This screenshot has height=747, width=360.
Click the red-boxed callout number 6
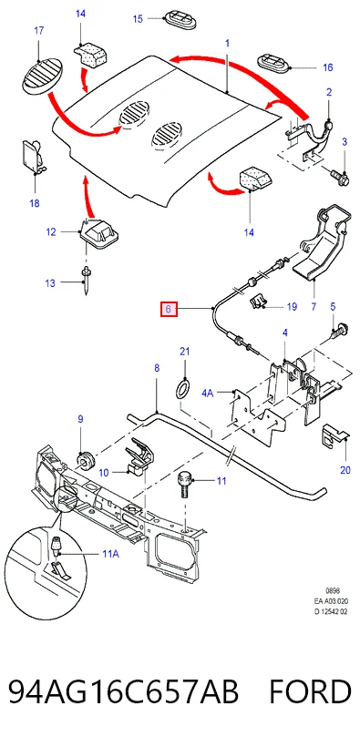(x=169, y=310)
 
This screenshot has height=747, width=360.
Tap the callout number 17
(x=38, y=30)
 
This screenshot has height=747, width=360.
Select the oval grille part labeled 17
(x=43, y=76)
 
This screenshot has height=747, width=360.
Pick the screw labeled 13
(x=87, y=281)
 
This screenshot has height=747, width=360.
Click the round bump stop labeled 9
(x=85, y=461)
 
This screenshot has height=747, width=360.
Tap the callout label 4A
(x=208, y=393)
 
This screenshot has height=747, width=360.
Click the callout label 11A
(x=110, y=554)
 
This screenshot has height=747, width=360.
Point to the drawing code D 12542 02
(x=331, y=612)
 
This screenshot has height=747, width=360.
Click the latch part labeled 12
(x=98, y=234)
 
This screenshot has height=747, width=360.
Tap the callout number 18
(x=35, y=204)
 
